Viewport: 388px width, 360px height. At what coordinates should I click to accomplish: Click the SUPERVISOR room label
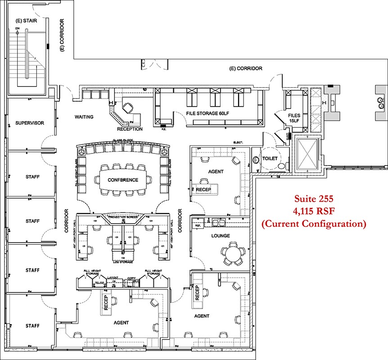pos(29,123)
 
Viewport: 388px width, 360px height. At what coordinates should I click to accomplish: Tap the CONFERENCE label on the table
pos(123,180)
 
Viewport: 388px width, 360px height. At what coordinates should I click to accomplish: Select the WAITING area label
pos(84,117)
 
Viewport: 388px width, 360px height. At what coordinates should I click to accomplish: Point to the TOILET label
pos(270,158)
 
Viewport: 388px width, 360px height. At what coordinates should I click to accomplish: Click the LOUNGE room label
pos(221,236)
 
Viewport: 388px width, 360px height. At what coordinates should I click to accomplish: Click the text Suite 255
pos(313,198)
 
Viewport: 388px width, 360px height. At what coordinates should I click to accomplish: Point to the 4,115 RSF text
pos(313,211)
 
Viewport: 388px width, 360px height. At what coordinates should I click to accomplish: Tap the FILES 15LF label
pos(294,118)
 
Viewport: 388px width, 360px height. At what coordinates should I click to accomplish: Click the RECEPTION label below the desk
pos(130,129)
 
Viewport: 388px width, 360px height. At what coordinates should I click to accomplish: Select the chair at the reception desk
pos(128,108)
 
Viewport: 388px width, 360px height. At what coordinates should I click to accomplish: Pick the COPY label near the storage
pos(131,279)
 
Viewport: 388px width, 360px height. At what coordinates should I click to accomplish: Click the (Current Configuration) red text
pos(313,223)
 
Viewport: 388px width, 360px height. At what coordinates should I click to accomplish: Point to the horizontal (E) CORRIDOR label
pos(246,68)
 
